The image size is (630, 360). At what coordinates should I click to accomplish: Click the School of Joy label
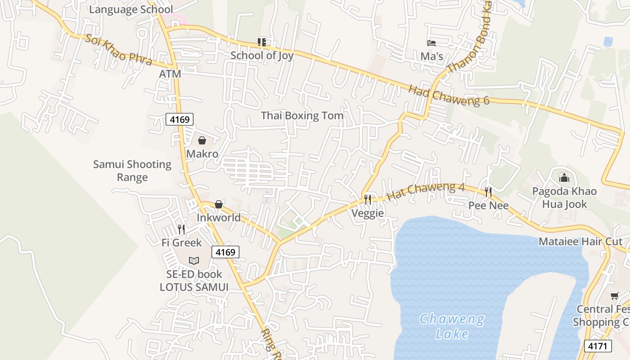(x=262, y=55)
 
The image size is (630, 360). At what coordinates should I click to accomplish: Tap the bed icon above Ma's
(x=432, y=43)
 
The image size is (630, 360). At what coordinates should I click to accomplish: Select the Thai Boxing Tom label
(x=302, y=116)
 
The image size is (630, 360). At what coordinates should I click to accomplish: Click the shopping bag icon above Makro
(x=202, y=141)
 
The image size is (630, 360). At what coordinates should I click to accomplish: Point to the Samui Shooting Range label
(x=132, y=171)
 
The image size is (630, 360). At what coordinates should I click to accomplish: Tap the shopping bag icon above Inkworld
(x=219, y=205)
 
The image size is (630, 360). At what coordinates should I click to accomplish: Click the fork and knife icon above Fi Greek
(x=181, y=229)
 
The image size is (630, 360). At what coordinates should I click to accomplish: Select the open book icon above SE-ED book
(x=194, y=261)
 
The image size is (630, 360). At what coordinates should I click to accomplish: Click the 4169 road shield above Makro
(x=180, y=119)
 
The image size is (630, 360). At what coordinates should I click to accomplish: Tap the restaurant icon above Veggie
(x=368, y=200)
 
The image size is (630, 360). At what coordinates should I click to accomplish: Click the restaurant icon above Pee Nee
(x=488, y=192)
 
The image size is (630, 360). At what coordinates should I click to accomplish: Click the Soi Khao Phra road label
(x=118, y=50)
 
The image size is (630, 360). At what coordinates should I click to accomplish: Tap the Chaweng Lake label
(x=452, y=327)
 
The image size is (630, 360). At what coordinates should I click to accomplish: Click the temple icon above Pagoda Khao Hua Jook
(x=564, y=178)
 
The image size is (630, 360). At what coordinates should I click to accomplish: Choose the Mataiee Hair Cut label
(x=580, y=242)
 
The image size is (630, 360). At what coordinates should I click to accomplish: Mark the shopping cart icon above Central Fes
(x=615, y=296)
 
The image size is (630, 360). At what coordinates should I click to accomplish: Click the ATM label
(x=170, y=74)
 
